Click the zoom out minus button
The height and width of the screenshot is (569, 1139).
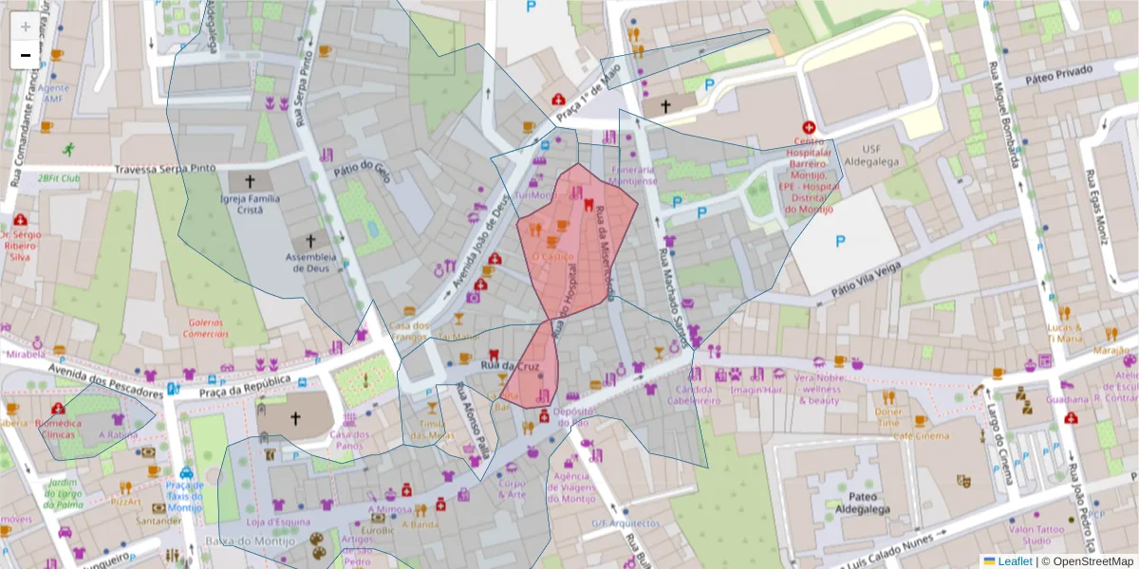click(26, 55)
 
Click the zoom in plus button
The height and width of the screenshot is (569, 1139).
click(26, 27)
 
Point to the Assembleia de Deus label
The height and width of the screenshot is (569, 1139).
click(311, 264)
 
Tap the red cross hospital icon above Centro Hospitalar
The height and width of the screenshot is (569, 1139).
click(809, 127)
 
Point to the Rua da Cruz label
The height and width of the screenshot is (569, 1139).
click(510, 366)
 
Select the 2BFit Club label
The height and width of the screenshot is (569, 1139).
click(59, 177)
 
